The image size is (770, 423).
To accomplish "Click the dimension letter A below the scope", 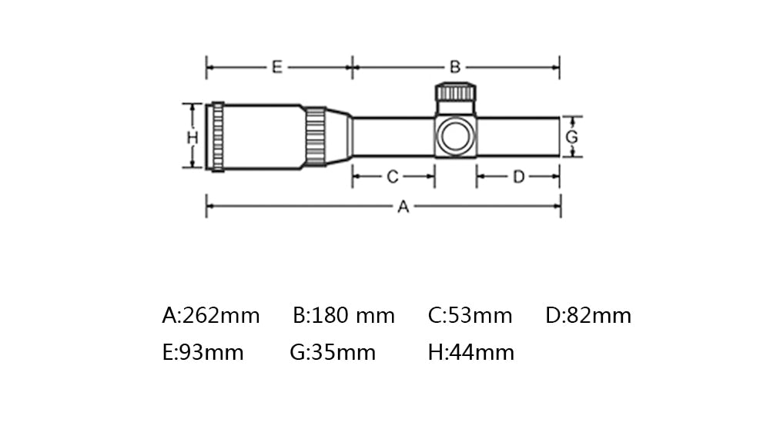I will coord(403,206).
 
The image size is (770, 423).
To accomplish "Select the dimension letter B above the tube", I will coord(455,67).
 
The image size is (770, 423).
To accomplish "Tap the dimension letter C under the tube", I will coord(392,177).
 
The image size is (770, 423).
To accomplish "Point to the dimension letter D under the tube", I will coord(518,177).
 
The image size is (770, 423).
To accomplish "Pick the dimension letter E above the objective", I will coord(277,67).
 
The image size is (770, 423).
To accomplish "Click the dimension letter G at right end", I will coord(571,137).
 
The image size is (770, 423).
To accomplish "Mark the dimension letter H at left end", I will coord(192,137).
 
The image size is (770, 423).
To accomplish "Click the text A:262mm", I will coord(211,316).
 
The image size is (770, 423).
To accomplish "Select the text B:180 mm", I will coord(343,316).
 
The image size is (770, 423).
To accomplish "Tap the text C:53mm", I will coord(470,316).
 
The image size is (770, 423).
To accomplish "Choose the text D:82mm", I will coord(588,316).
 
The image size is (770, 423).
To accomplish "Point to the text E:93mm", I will coord(203,353).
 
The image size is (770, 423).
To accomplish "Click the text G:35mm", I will coord(333,353).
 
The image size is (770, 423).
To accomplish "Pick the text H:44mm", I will coord(470,353).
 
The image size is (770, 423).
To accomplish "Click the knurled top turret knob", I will coord(456,92).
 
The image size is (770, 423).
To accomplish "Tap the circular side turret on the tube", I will coord(455,136).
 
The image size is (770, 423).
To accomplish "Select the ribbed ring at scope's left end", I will coord(218,136).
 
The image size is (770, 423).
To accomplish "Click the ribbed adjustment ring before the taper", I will coord(315,136).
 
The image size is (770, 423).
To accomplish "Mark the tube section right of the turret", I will coord(517,136).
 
